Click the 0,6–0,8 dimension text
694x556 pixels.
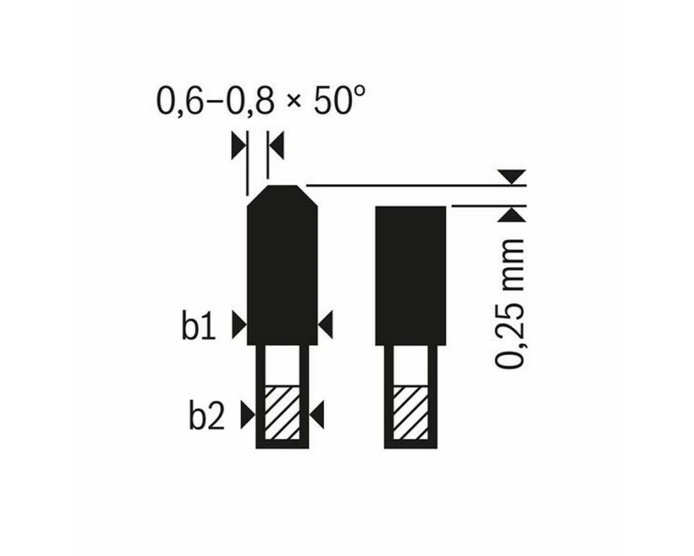pos(216,101)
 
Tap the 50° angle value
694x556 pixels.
pos(339,100)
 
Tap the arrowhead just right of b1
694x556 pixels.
pos(239,325)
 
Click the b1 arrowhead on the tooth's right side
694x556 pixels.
pos(325,325)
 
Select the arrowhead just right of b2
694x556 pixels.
pos(248,415)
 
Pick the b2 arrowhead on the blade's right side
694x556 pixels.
pos(317,415)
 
